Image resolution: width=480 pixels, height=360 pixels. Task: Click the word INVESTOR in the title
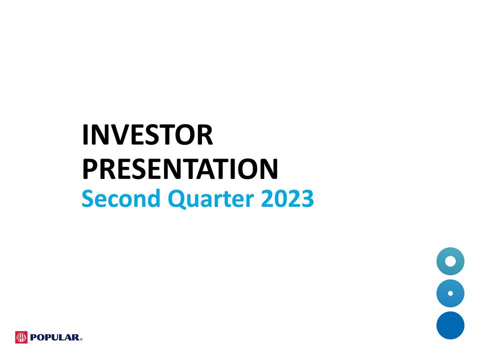(x=147, y=136)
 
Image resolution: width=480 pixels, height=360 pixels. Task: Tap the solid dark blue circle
(x=450, y=325)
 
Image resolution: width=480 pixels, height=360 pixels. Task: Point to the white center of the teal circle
(x=450, y=260)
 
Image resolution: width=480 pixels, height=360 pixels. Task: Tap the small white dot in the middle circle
(x=450, y=293)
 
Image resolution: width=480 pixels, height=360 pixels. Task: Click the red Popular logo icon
(x=21, y=337)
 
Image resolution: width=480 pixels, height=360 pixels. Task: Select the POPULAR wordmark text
(x=54, y=338)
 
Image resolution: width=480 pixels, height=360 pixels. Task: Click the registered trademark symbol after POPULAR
(x=81, y=339)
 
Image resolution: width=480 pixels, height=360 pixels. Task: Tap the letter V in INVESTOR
(x=119, y=136)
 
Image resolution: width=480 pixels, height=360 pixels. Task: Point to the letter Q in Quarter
(x=177, y=199)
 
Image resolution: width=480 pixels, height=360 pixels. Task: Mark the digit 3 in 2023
(x=306, y=199)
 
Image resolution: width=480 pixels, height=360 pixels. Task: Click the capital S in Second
(x=87, y=199)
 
